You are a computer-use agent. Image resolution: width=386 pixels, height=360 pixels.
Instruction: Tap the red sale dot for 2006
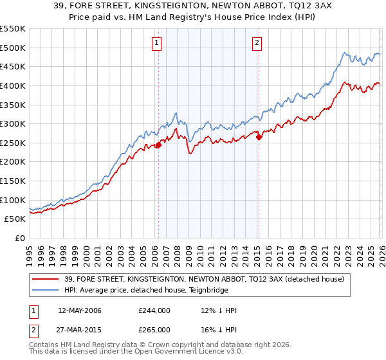158,145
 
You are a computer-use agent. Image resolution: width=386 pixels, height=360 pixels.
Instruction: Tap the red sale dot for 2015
259,136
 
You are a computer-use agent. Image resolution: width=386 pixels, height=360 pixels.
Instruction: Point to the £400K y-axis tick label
13,85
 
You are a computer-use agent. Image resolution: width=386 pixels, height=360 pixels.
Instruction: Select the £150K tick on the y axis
13,181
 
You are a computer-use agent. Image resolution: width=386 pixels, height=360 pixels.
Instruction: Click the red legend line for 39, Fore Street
46,279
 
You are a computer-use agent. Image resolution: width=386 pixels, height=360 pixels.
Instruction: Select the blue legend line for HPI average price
46,290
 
